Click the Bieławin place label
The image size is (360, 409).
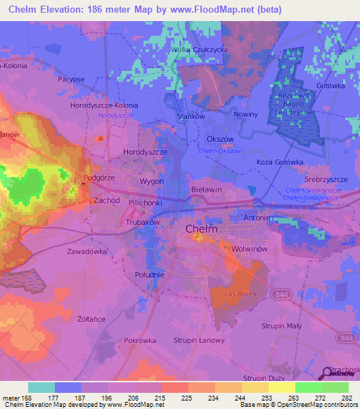(206, 190)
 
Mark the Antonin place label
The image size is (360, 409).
(257, 218)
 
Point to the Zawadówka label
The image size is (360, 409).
(86, 250)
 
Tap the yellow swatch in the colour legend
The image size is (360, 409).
(282, 387)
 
